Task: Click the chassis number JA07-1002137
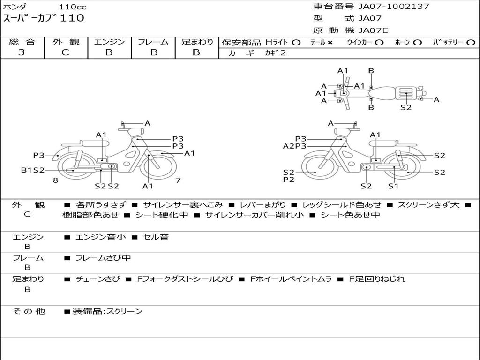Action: pyautogui.click(x=394, y=7)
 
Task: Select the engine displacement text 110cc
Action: pyautogui.click(x=73, y=7)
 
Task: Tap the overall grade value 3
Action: pyautogui.click(x=22, y=52)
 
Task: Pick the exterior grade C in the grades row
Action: pyautogui.click(x=65, y=52)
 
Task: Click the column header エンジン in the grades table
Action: pyautogui.click(x=109, y=42)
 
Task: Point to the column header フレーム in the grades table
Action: pyautogui.click(x=153, y=42)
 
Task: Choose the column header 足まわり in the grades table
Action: pyautogui.click(x=197, y=42)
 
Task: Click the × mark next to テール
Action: pyautogui.click(x=330, y=43)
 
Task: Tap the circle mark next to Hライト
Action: pyautogui.click(x=296, y=43)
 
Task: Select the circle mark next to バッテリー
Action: pyautogui.click(x=471, y=43)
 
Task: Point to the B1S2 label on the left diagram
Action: pyautogui.click(x=32, y=170)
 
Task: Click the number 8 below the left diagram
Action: pyautogui.click(x=55, y=180)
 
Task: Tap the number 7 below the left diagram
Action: pyautogui.click(x=178, y=180)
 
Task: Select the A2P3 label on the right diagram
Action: pyautogui.click(x=294, y=146)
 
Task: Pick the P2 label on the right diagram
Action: pyautogui.click(x=289, y=180)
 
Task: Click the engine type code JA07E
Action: pyautogui.click(x=373, y=31)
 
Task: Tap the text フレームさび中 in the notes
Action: pyautogui.click(x=103, y=258)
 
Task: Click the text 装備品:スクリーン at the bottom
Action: pyautogui.click(x=107, y=311)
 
